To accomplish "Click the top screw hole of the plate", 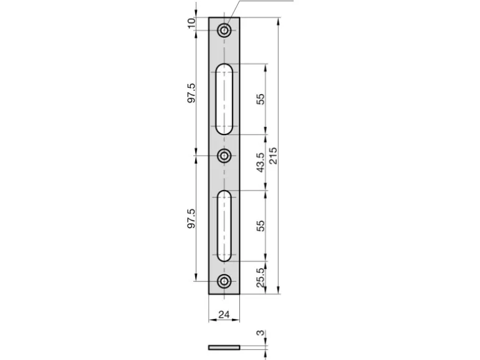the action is pyautogui.click(x=224, y=31).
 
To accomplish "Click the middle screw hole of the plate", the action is pyautogui.click(x=224, y=156).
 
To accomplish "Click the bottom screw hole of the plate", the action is pyautogui.click(x=224, y=281).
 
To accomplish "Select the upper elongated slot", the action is pyautogui.click(x=224, y=99).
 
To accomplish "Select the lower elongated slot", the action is pyautogui.click(x=224, y=226).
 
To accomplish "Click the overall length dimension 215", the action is pyautogui.click(x=273, y=156).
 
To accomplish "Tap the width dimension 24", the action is pyautogui.click(x=224, y=314).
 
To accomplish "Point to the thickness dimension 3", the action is pyautogui.click(x=260, y=333).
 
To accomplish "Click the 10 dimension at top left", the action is pyautogui.click(x=191, y=23).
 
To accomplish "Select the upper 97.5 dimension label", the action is pyautogui.click(x=191, y=93).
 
